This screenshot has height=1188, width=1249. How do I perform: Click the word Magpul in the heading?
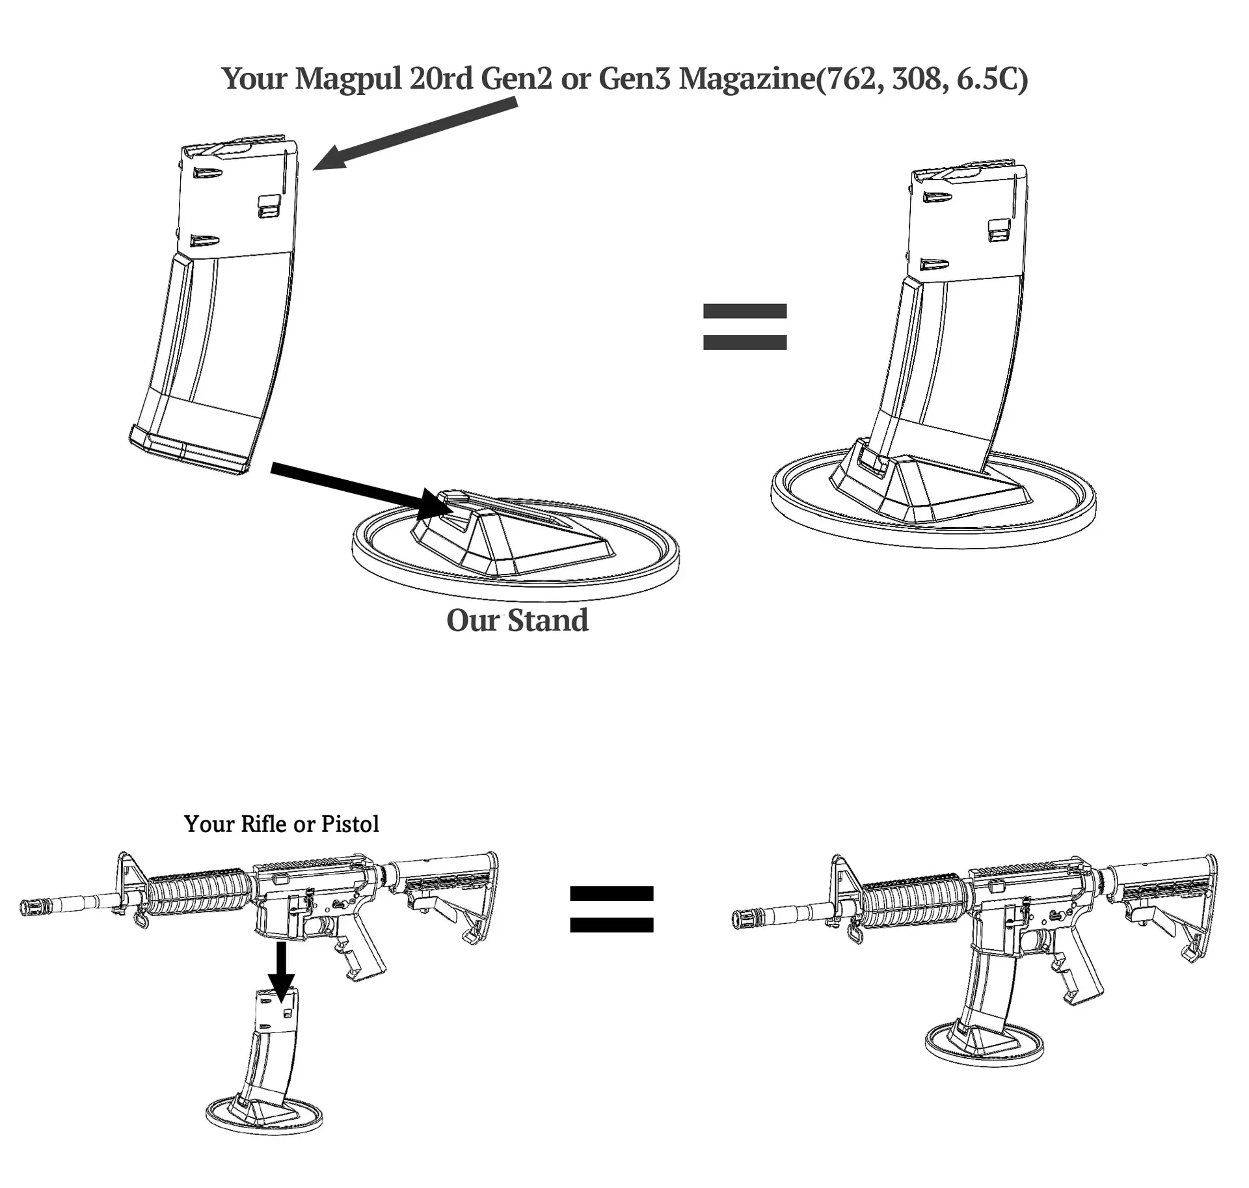click(x=348, y=79)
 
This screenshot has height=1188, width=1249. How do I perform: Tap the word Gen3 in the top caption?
click(x=634, y=79)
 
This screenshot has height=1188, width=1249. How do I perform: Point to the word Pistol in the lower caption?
click(x=350, y=824)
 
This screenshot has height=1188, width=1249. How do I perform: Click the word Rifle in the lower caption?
click(x=263, y=824)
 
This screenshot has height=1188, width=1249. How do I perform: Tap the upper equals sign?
click(x=745, y=327)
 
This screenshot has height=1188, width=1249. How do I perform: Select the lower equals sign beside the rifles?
click(x=611, y=909)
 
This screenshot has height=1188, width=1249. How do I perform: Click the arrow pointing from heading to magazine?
click(x=415, y=133)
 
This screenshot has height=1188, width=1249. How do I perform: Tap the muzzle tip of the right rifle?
click(x=736, y=918)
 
